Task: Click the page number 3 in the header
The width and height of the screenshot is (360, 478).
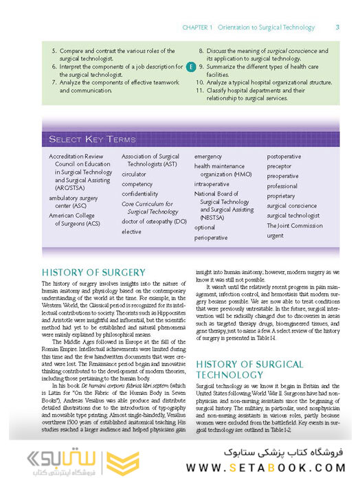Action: click(x=337, y=27)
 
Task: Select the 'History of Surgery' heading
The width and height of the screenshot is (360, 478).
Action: click(x=93, y=272)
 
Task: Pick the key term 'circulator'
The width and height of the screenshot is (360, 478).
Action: click(x=134, y=174)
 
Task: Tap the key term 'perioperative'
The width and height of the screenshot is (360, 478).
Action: click(x=211, y=237)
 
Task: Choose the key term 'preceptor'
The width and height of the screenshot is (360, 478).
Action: click(x=280, y=166)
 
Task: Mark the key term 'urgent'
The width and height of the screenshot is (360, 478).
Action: click(x=275, y=235)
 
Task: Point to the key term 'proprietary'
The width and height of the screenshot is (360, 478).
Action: click(x=281, y=196)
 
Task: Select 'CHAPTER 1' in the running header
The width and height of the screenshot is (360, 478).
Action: click(x=198, y=27)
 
